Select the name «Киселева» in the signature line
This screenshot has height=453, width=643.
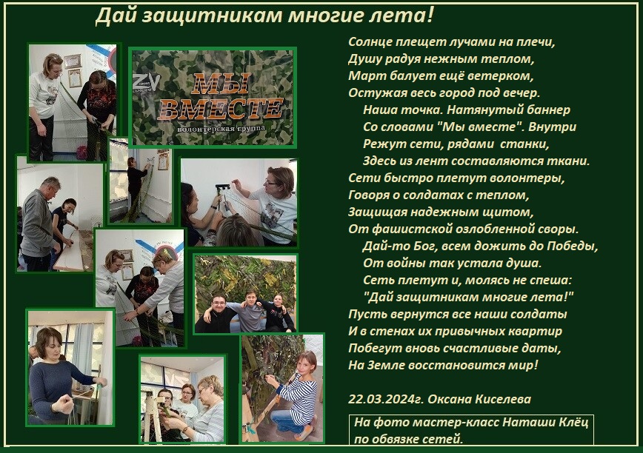[x=503, y=399]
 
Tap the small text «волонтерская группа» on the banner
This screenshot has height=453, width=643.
[x=221, y=128]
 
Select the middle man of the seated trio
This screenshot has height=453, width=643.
[x=250, y=312]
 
